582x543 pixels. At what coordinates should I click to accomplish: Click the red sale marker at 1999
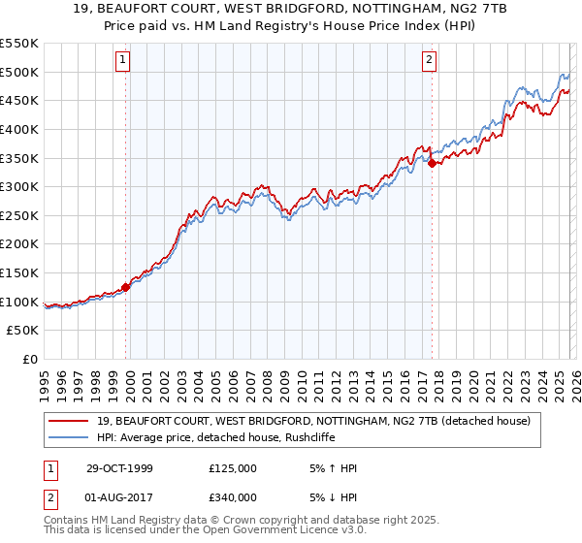[126, 287]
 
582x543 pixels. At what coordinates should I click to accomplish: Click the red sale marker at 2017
[432, 163]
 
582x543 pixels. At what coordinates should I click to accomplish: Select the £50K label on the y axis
[23, 331]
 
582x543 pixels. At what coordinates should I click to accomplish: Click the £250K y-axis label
[19, 215]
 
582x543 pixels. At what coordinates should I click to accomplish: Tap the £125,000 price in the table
[233, 468]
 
